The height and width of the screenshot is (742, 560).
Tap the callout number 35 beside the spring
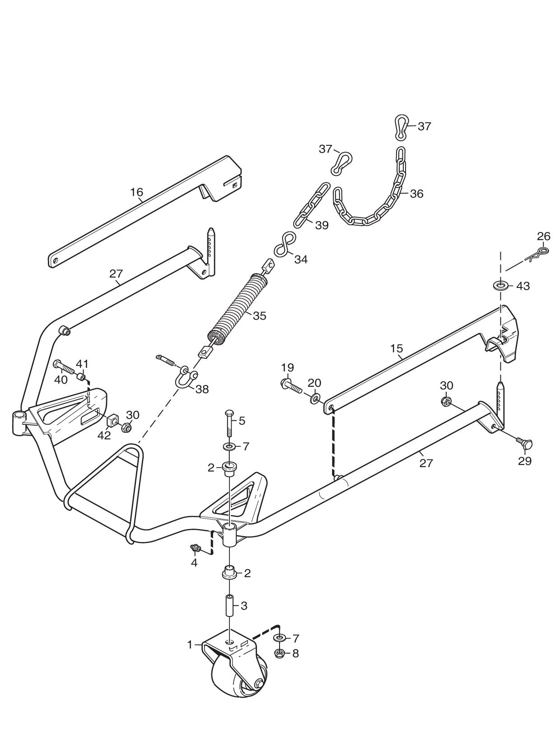pyautogui.click(x=259, y=316)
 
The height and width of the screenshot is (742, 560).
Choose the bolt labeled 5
pyautogui.click(x=229, y=423)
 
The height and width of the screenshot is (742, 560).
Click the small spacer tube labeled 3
pyautogui.click(x=229, y=607)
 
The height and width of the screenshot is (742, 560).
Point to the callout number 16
pyautogui.click(x=137, y=192)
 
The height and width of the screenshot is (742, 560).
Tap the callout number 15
pyautogui.click(x=397, y=348)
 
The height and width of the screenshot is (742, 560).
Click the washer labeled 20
pyautogui.click(x=315, y=398)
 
